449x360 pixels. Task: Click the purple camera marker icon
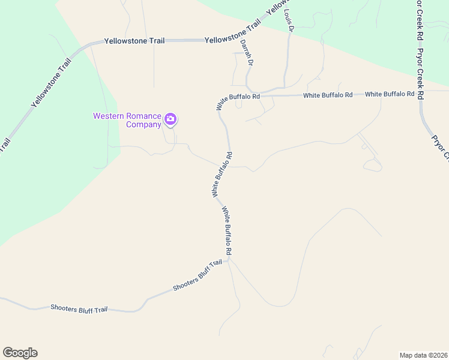click(170, 119)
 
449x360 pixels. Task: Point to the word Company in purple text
click(143, 125)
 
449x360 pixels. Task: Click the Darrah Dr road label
click(247, 53)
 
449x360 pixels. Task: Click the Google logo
click(20, 353)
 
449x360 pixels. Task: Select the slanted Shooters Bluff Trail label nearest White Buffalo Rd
click(197, 275)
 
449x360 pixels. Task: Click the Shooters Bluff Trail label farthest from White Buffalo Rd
click(79, 308)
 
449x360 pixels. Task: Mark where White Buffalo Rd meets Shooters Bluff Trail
click(228, 260)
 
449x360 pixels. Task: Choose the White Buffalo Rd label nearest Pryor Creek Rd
click(390, 94)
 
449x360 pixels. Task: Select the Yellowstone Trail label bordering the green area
click(51, 82)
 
